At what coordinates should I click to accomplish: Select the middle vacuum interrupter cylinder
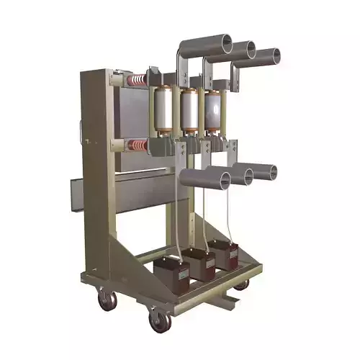(x=190, y=112)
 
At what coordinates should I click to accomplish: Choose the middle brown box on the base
(x=201, y=263)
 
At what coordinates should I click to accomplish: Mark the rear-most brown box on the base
(x=227, y=254)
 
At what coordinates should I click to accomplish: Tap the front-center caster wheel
(x=158, y=320)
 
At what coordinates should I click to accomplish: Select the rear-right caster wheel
(x=242, y=284)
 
